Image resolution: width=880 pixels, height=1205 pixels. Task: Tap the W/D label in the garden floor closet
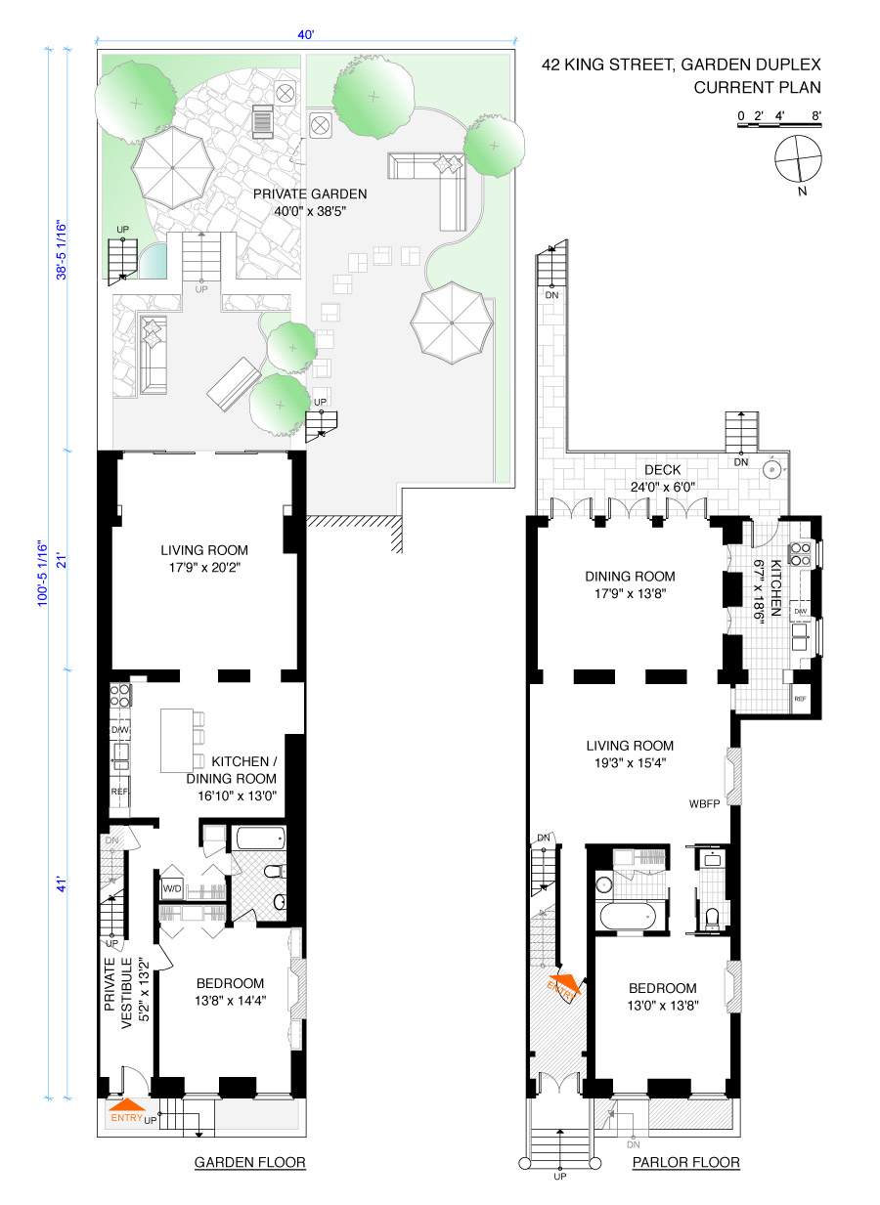172,889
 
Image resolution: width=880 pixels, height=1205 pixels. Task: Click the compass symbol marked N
797,159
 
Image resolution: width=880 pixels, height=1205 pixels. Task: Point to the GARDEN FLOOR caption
249,1163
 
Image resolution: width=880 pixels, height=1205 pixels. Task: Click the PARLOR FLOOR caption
685,1163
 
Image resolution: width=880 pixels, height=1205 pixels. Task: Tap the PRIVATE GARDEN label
310,194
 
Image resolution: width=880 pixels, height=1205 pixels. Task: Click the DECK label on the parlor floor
662,470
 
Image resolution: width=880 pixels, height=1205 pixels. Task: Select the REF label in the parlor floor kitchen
800,699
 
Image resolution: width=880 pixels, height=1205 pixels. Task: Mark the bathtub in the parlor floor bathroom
626,917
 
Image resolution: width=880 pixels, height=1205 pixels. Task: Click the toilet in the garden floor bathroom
275,870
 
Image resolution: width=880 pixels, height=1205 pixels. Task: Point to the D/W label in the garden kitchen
120,729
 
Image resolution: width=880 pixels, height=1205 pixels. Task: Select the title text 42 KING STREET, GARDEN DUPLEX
682,66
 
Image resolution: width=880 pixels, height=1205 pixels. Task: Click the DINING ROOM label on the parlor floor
630,577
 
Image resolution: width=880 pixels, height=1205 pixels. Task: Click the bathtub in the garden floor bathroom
259,838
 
